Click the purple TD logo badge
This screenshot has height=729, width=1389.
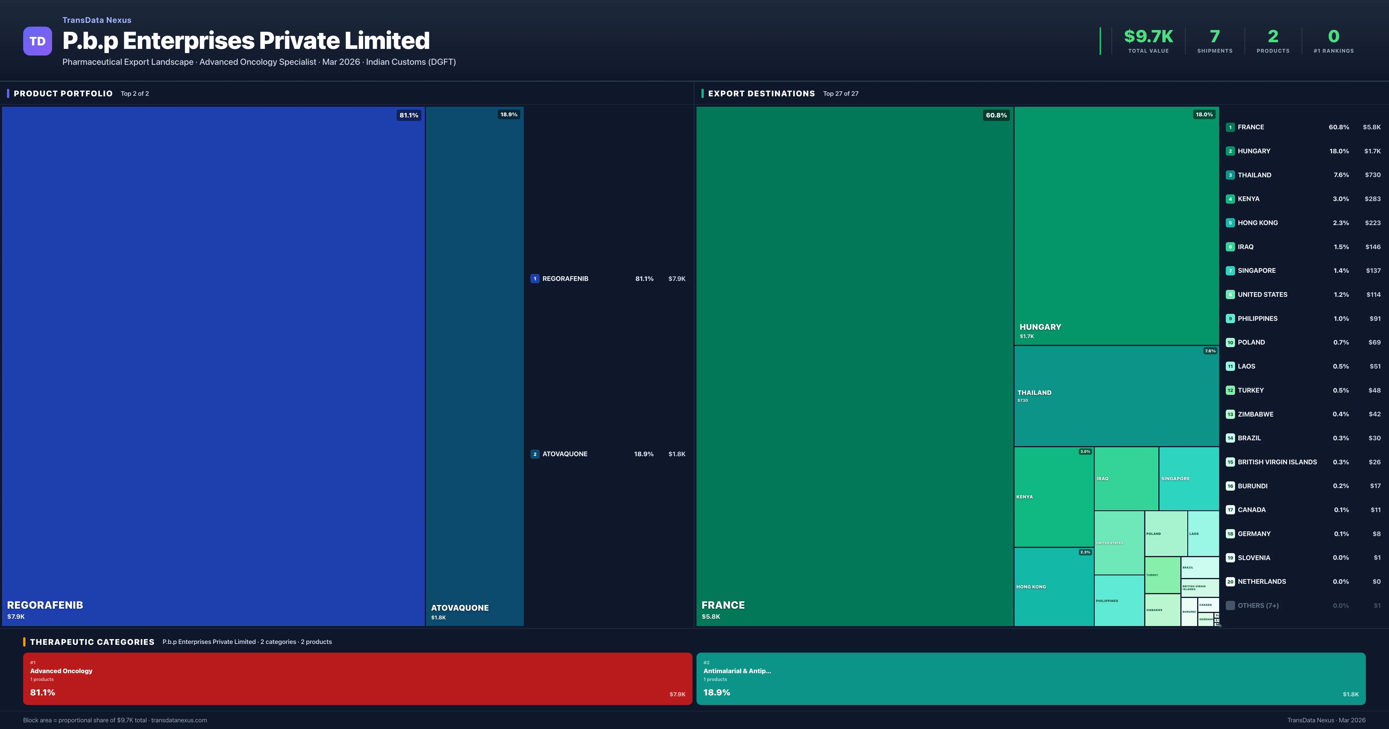click(37, 41)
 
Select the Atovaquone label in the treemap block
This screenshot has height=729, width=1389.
click(460, 608)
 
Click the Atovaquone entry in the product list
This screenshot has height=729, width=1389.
click(565, 454)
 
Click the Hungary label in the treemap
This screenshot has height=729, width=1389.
click(1040, 327)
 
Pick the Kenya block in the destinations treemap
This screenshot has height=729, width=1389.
click(1053, 497)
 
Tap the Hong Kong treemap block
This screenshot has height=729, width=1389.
click(1053, 587)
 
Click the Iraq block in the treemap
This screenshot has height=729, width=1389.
click(1126, 478)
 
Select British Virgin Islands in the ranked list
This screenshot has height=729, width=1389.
click(1277, 462)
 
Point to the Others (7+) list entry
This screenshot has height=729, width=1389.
click(1257, 605)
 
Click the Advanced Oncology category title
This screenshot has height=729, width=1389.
click(61, 671)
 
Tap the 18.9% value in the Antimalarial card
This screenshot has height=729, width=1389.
click(716, 692)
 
